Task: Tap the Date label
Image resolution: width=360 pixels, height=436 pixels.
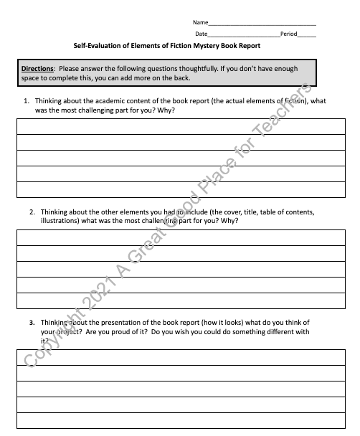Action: (x=201, y=34)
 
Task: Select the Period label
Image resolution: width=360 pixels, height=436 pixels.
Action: (x=288, y=34)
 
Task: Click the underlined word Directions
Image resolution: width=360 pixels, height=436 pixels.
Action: (x=38, y=68)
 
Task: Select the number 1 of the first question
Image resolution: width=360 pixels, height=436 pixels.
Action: (x=27, y=101)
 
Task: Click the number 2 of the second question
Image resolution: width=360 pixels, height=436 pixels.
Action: (x=32, y=212)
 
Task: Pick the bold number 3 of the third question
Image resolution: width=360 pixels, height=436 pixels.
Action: (x=32, y=323)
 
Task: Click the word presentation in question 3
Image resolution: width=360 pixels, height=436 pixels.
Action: (x=117, y=323)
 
